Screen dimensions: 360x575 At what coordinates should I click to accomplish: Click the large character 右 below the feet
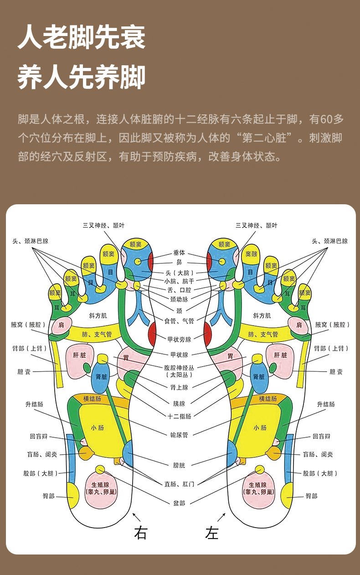coord(140,533)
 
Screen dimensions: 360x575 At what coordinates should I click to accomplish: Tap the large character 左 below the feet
coord(212,533)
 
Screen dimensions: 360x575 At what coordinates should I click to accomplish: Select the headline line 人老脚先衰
coord(82,37)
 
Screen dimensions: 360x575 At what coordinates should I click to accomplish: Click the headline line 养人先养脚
coord(82,77)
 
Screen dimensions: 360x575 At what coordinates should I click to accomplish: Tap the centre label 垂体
coord(179,252)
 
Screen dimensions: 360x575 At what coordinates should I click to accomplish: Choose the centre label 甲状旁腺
coord(180,339)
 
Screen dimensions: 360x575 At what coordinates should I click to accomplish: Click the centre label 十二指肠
coord(180,416)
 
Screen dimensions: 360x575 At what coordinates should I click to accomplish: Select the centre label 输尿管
coord(179,435)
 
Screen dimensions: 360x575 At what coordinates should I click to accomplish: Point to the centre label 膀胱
coord(179,465)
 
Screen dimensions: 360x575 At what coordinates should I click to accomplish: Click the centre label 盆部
coord(179,502)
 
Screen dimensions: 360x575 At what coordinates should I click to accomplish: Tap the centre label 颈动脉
coord(179,299)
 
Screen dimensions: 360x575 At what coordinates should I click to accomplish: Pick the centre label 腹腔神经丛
coord(179,367)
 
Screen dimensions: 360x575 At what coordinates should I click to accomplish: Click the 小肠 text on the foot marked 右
coord(97,428)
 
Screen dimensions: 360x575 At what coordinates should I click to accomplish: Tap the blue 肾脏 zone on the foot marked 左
coord(259,377)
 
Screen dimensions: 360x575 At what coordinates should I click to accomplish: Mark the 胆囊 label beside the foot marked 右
coord(24,372)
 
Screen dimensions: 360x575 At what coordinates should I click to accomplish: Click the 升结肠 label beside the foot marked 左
coord(326,404)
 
